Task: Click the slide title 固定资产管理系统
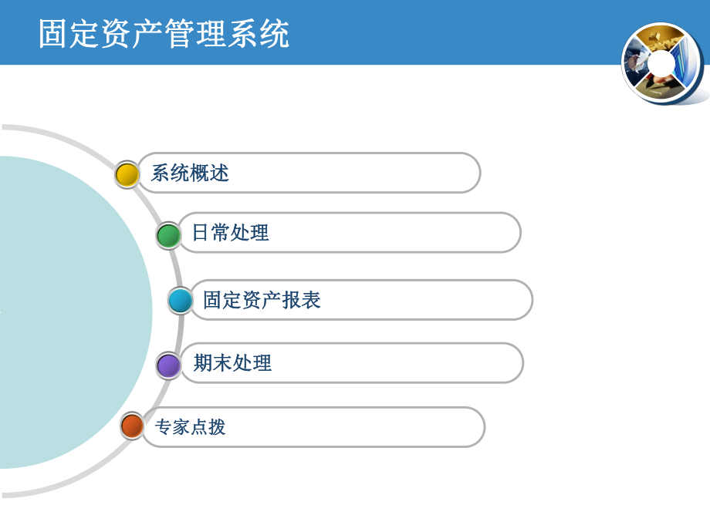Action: pyautogui.click(x=164, y=35)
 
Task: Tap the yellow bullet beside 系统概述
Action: pyautogui.click(x=127, y=174)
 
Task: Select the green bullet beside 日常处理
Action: pyautogui.click(x=168, y=235)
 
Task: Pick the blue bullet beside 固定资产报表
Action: pyautogui.click(x=181, y=300)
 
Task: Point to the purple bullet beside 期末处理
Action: pyautogui.click(x=168, y=365)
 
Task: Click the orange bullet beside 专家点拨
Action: pyautogui.click(x=133, y=426)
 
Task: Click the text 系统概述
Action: pyautogui.click(x=190, y=173)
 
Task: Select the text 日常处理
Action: pyautogui.click(x=230, y=232)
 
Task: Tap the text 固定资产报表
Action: pyautogui.click(x=262, y=300)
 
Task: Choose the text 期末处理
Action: pyautogui.click(x=232, y=362)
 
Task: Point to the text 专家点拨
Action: pyautogui.click(x=190, y=426)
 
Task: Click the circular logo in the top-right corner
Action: pyautogui.click(x=663, y=63)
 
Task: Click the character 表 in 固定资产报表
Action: pyautogui.click(x=311, y=300)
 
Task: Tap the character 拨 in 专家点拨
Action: pyautogui.click(x=217, y=426)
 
